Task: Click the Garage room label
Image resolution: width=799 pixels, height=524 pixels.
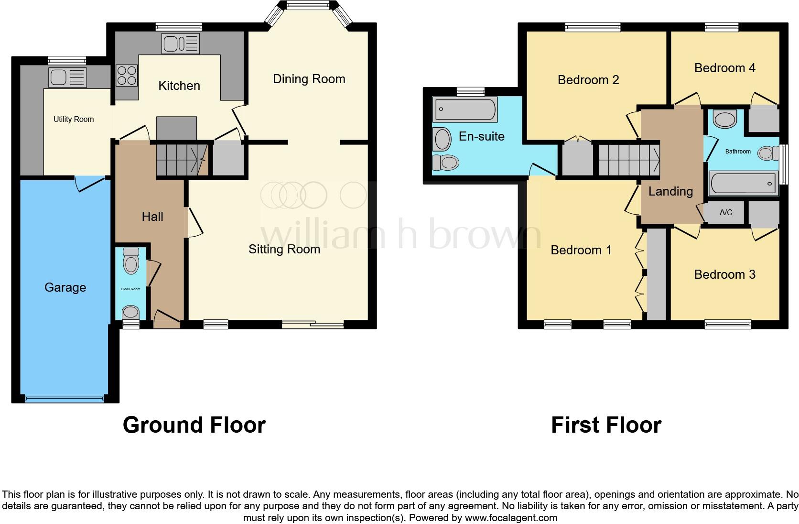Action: click(65, 287)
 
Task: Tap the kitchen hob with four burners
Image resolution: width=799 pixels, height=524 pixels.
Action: click(127, 76)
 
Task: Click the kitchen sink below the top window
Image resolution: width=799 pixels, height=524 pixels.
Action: click(180, 44)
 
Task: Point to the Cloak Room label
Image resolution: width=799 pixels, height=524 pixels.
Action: click(130, 289)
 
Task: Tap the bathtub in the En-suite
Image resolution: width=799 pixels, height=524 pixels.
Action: click(464, 109)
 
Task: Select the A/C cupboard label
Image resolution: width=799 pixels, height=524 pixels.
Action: click(725, 212)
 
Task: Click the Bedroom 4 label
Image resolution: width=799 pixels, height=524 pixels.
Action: click(724, 68)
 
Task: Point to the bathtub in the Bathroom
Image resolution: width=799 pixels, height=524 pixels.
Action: click(742, 184)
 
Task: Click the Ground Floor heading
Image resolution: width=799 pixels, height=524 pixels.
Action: click(194, 425)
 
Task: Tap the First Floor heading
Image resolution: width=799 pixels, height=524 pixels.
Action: click(606, 425)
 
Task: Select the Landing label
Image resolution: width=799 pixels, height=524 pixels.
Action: click(670, 191)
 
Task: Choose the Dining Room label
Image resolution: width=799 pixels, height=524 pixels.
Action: click(309, 79)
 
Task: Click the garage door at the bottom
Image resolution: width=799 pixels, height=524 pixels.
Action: click(65, 399)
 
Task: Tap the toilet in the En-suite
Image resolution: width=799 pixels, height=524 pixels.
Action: click(446, 163)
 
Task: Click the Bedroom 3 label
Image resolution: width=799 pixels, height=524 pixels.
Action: click(724, 274)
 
